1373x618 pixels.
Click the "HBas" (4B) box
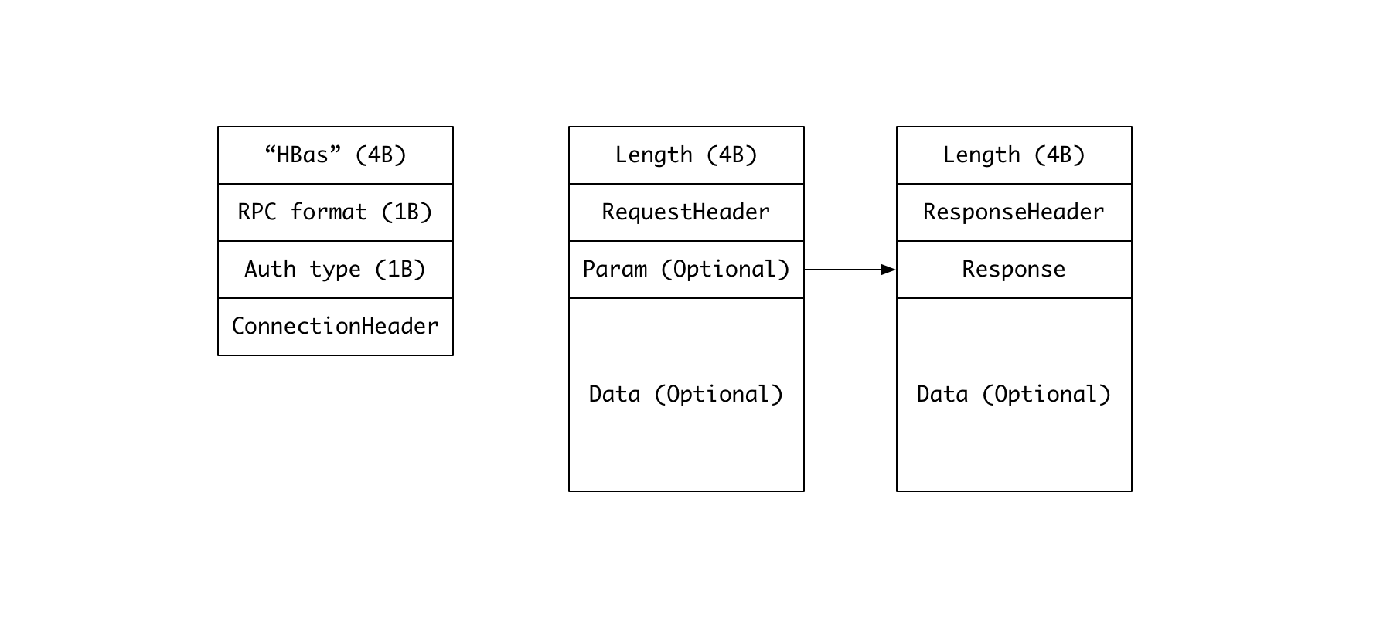pyautogui.click(x=336, y=155)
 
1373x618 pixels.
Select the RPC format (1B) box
pyautogui.click(x=336, y=212)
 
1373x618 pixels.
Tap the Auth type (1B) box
pyautogui.click(x=336, y=270)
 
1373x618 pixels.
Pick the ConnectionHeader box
pyautogui.click(x=336, y=327)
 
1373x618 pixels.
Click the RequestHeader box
pyautogui.click(x=686, y=212)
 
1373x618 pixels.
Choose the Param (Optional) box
pyautogui.click(x=686, y=270)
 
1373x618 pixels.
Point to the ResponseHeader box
pyautogui.click(x=1014, y=212)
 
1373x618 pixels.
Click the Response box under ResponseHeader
pyautogui.click(x=1014, y=270)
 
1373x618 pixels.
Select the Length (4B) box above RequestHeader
pyautogui.click(x=686, y=155)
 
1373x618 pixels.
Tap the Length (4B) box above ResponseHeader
pyautogui.click(x=1014, y=155)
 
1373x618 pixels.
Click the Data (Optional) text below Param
pyautogui.click(x=686, y=395)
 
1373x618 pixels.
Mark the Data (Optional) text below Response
pyautogui.click(x=1014, y=395)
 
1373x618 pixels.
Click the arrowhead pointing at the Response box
pyautogui.click(x=889, y=270)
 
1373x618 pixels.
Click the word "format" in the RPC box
pyautogui.click(x=329, y=212)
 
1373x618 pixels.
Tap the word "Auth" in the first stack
pyautogui.click(x=271, y=270)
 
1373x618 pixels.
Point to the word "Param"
pyautogui.click(x=615, y=270)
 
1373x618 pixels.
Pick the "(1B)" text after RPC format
pyautogui.click(x=407, y=212)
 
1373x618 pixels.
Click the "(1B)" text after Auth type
pyautogui.click(x=400, y=270)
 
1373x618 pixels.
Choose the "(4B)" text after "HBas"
pyautogui.click(x=381, y=155)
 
